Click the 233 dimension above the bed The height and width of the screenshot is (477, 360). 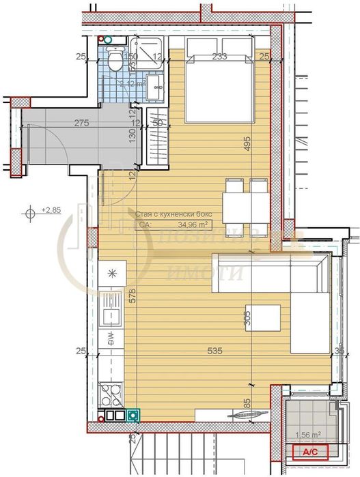point(219,57)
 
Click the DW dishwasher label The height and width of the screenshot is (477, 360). point(109,336)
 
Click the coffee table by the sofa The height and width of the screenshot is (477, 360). point(263,317)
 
